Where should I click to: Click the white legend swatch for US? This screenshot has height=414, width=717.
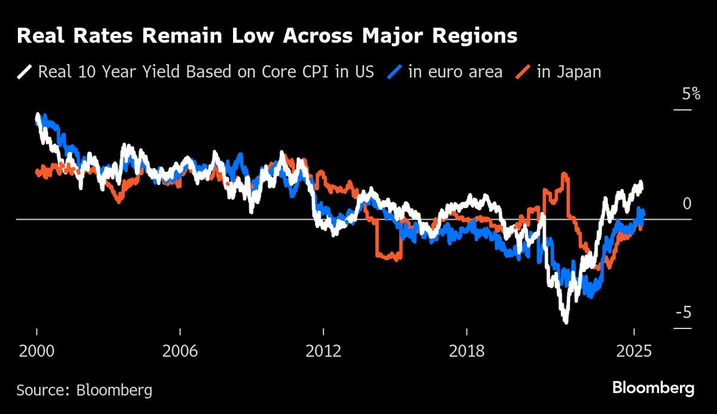[x=24, y=72]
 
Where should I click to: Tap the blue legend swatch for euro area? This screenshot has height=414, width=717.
[x=394, y=72]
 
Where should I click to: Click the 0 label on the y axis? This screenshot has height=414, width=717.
[x=687, y=204]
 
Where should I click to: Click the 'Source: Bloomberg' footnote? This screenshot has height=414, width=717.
[x=84, y=391]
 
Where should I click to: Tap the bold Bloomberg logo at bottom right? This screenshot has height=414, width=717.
[x=653, y=388]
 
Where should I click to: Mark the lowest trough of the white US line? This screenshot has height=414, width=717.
[x=565, y=322]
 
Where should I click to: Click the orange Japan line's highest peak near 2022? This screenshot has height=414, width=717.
[x=565, y=175]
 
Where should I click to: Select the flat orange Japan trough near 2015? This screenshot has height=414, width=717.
[x=388, y=257]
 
